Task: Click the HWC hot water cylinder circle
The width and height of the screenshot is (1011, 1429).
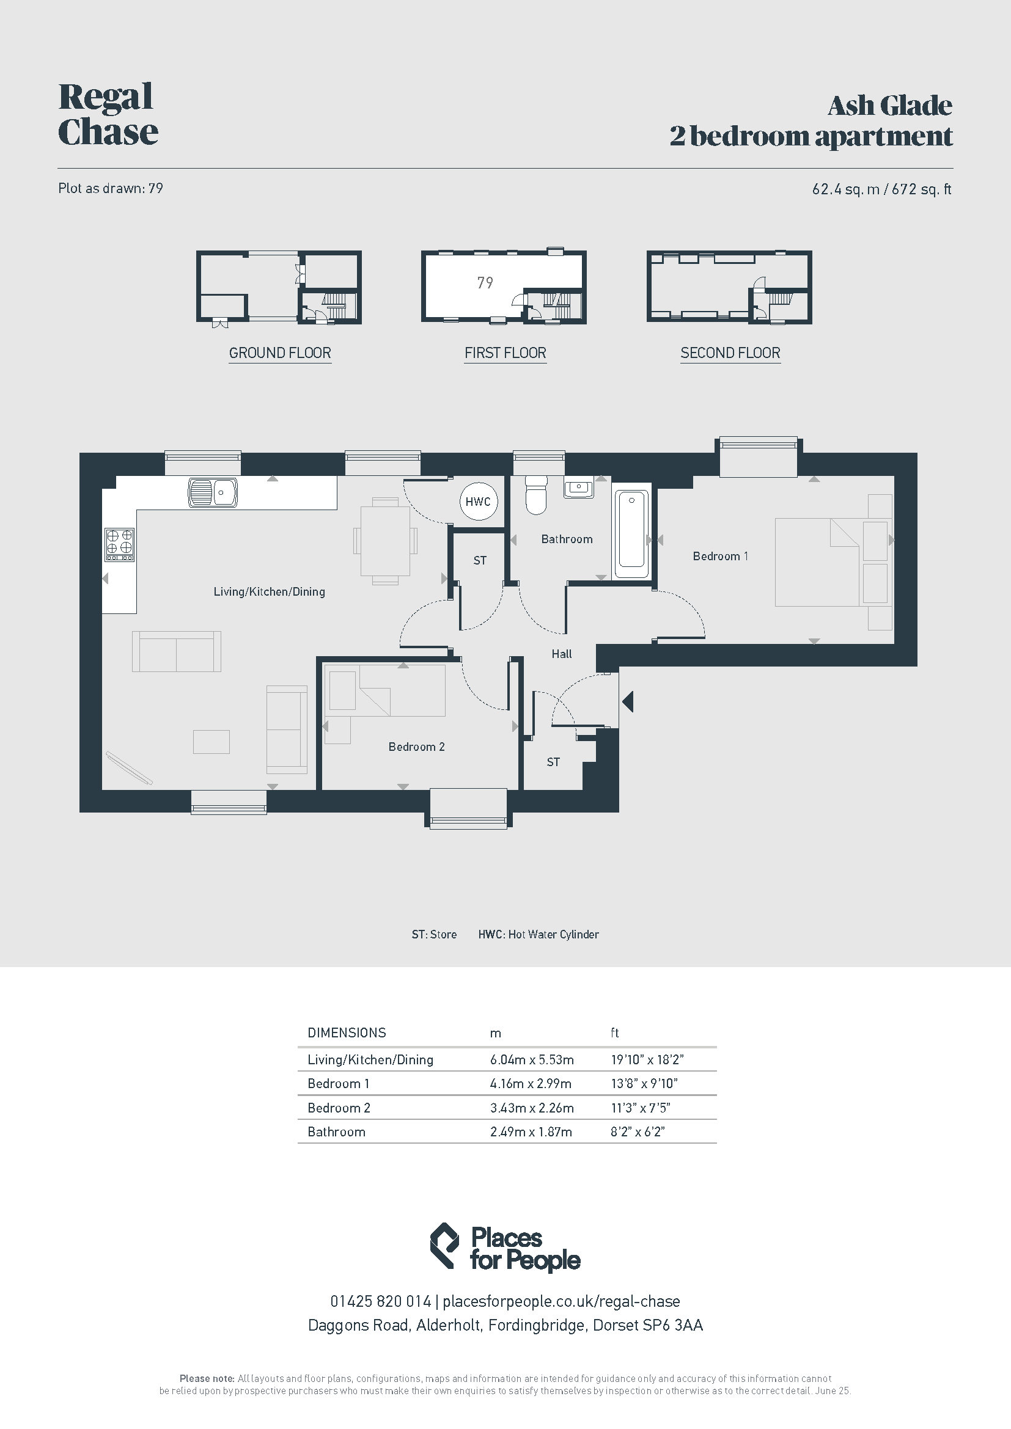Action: [x=478, y=502]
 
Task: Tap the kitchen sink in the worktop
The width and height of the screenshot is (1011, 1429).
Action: [x=212, y=493]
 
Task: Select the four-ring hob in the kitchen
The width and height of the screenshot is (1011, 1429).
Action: [x=119, y=544]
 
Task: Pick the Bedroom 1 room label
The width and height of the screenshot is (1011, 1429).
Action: [x=720, y=556]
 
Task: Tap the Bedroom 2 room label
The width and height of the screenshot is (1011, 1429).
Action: [x=416, y=747]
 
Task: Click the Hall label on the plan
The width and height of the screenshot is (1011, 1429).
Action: [x=562, y=654]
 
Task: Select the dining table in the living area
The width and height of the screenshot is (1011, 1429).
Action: [x=385, y=541]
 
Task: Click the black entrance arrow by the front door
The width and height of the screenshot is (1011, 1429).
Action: [x=628, y=701]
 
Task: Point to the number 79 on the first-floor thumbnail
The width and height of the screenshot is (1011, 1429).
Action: [x=485, y=283]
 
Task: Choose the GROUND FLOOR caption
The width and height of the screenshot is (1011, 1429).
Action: [x=280, y=353]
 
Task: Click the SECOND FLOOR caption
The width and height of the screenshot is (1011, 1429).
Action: [x=730, y=353]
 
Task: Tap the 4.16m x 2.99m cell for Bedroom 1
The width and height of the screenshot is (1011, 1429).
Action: [x=531, y=1084]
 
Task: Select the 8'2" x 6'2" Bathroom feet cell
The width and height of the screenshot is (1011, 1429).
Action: [x=638, y=1131]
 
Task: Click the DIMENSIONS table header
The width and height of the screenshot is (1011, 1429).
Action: [x=347, y=1033]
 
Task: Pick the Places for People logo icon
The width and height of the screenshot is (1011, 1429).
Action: [x=445, y=1245]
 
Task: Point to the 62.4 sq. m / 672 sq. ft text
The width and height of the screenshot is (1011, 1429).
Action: [x=881, y=189]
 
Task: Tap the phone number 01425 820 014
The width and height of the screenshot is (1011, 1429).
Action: [x=380, y=1301]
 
